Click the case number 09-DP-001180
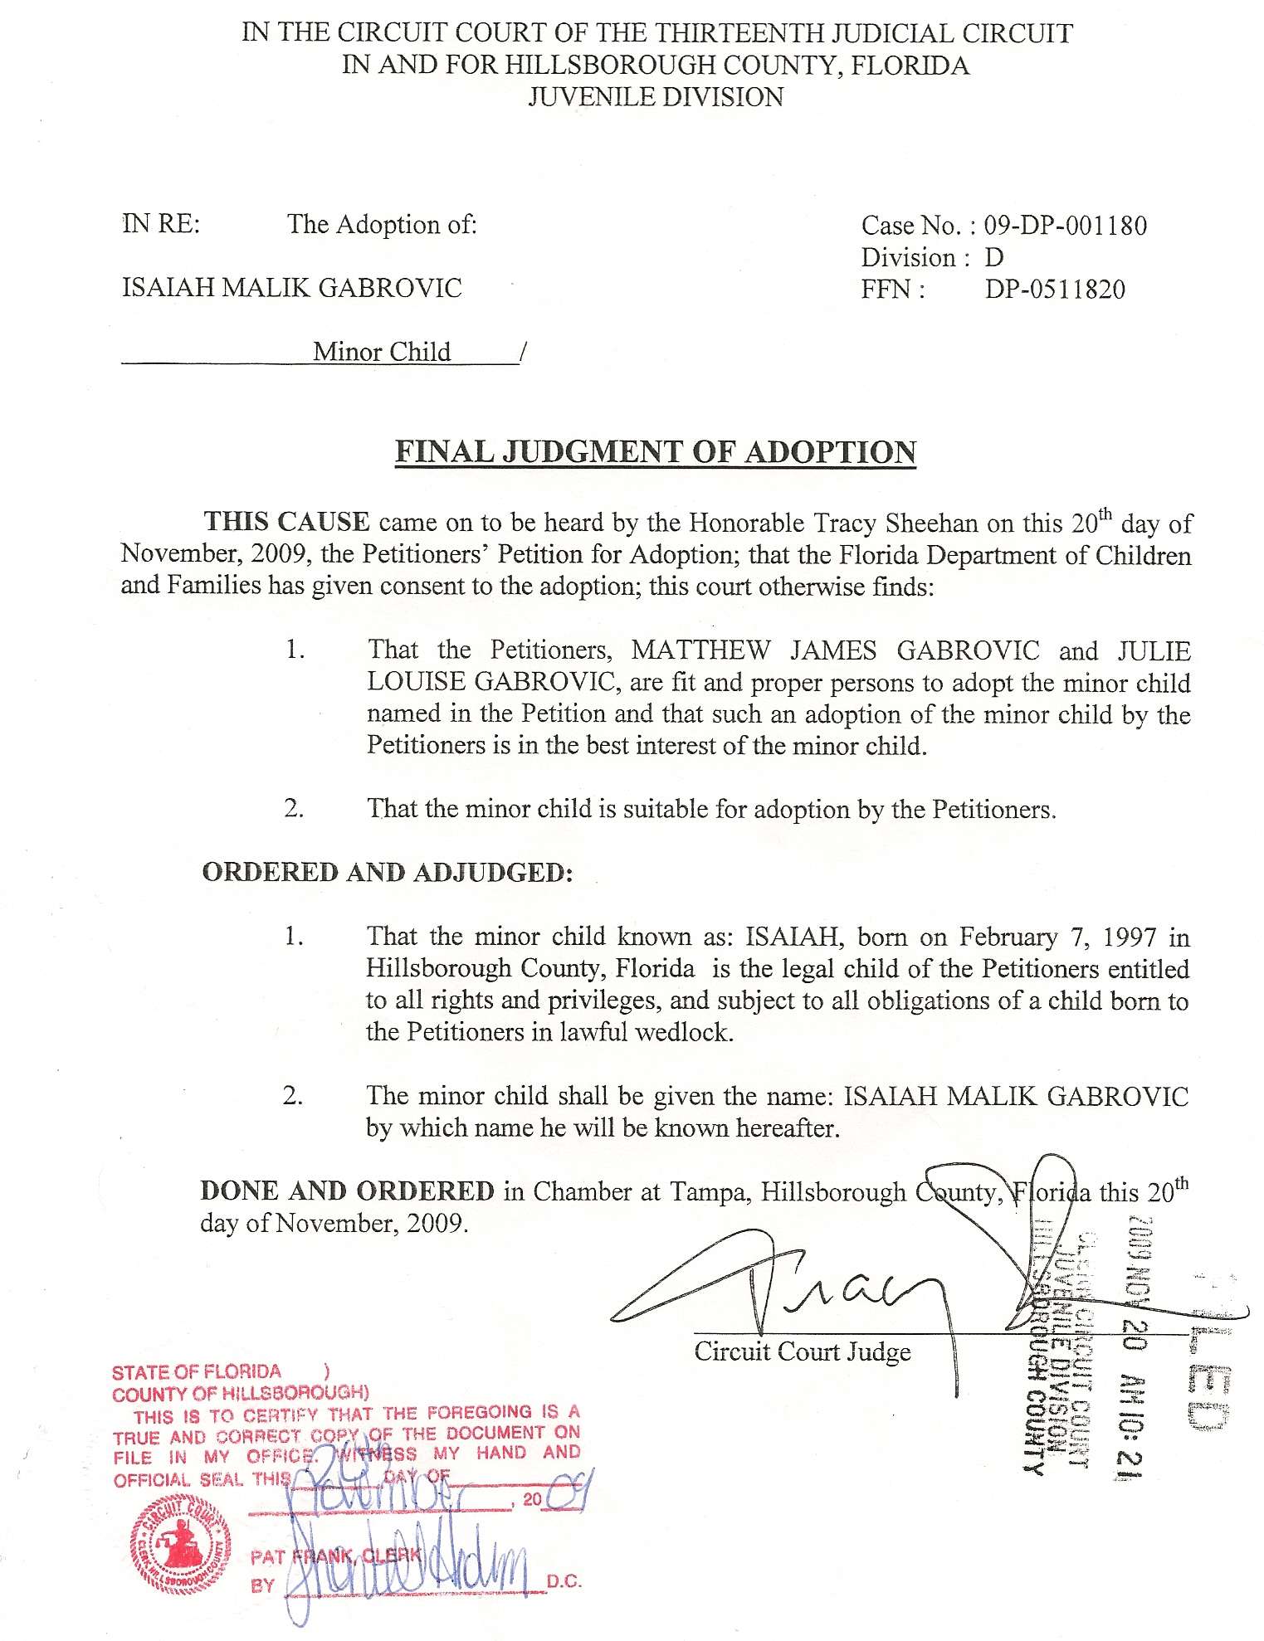click(1065, 226)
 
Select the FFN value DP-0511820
click(1055, 290)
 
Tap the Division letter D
click(993, 258)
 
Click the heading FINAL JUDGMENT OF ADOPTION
click(655, 452)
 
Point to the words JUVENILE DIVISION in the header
click(656, 97)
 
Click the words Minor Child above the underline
click(382, 352)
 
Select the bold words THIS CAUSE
click(286, 522)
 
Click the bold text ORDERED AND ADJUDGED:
click(388, 873)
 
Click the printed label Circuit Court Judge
click(802, 1352)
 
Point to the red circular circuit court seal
click(180, 1546)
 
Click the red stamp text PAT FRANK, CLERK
click(335, 1556)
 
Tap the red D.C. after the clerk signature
click(564, 1582)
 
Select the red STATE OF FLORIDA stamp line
click(197, 1372)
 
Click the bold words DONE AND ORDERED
click(347, 1191)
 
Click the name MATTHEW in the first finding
click(700, 650)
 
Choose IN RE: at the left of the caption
click(161, 224)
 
